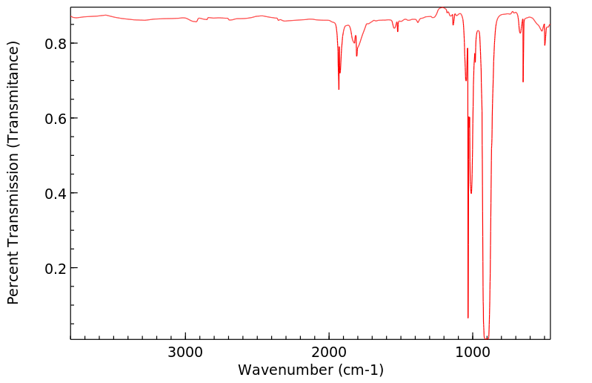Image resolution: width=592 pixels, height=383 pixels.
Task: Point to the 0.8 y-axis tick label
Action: click(56, 44)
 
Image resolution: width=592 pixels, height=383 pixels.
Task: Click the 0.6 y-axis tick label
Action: click(56, 119)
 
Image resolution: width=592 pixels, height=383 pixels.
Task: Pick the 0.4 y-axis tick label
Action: click(56, 194)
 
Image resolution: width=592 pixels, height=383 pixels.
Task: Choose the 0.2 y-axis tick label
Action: click(56, 268)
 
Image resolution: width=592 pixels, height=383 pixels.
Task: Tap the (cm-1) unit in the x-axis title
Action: click(361, 370)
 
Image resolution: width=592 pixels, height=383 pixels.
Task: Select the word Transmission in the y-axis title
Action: click(13, 204)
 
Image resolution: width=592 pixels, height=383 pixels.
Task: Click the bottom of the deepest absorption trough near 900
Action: click(486, 338)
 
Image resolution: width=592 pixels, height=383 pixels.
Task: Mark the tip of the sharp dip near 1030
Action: click(468, 318)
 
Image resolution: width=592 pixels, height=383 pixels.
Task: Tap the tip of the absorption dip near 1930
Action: click(339, 89)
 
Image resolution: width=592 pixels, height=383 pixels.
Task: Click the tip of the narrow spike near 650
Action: click(523, 82)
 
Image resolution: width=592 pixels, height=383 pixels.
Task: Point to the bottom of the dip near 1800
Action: click(356, 56)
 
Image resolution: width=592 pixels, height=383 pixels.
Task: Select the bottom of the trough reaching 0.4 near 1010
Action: click(471, 193)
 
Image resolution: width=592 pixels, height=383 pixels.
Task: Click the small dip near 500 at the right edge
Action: click(545, 45)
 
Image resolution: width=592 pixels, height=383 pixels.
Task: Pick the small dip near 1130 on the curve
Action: click(453, 24)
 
